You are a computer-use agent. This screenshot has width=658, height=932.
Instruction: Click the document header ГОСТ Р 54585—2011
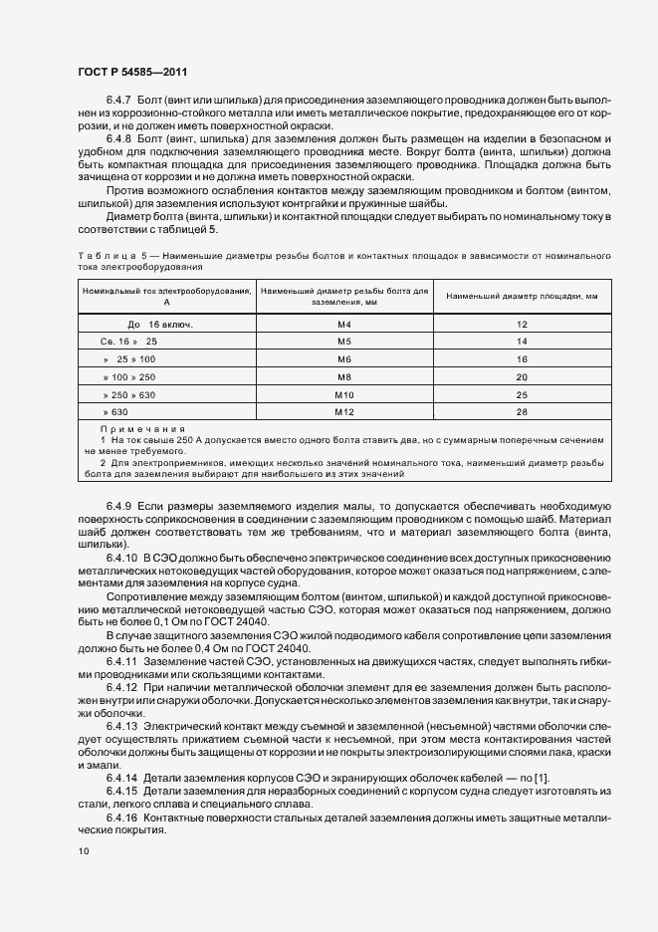point(131,74)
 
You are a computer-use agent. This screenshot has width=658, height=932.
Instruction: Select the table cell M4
point(343,325)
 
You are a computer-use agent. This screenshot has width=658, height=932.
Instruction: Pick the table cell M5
point(343,341)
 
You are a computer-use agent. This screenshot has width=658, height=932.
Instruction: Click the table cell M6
point(343,358)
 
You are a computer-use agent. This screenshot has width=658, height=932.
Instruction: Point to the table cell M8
point(343,377)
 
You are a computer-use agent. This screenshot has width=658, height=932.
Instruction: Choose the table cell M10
point(343,394)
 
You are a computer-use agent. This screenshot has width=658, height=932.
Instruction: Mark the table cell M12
point(343,411)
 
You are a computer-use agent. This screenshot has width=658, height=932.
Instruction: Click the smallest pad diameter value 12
point(521,325)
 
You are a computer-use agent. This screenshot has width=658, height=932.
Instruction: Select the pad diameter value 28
point(521,411)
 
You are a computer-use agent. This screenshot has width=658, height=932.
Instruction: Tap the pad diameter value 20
point(521,377)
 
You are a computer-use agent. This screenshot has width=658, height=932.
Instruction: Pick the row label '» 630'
point(115,411)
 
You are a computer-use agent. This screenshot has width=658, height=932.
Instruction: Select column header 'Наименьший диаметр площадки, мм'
point(521,296)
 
